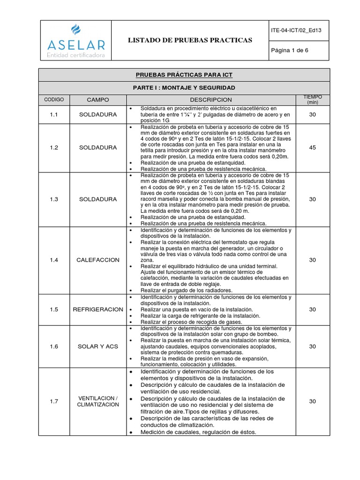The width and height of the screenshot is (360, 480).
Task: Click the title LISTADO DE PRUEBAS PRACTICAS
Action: (x=190, y=40)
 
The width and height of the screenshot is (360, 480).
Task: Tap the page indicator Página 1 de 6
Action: (x=290, y=50)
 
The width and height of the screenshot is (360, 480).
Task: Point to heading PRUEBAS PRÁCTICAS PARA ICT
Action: (x=184, y=75)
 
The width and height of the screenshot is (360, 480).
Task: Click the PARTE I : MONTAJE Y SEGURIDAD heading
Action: (x=184, y=88)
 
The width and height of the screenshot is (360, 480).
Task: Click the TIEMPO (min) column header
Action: (x=312, y=99)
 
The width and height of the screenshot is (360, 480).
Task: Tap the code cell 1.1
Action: (x=54, y=114)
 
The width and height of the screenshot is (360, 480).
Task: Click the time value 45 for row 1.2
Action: (x=312, y=147)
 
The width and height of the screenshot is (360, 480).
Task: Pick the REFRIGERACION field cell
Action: (x=98, y=309)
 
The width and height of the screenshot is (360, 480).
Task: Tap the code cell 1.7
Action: (x=54, y=401)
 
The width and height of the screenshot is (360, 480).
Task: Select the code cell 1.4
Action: (x=54, y=260)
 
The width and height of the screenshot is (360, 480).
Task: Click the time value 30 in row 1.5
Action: (x=312, y=309)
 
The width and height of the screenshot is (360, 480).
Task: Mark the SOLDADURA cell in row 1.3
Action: (x=98, y=199)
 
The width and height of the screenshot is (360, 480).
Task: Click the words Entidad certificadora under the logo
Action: (x=75, y=56)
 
